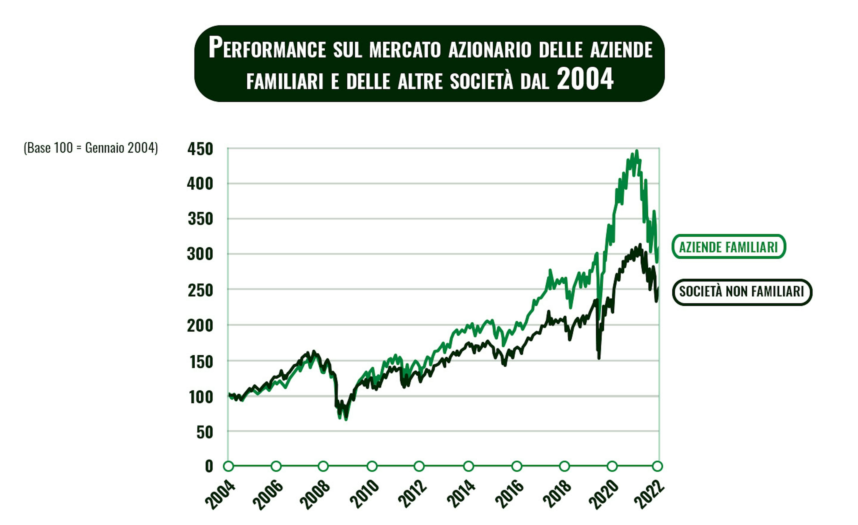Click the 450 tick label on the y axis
pos(200,149)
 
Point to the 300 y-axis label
pos(200,255)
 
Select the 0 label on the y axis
pos(209,466)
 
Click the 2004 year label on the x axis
pos(220,495)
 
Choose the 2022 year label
pos(649,495)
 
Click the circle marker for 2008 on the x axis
pos(324,466)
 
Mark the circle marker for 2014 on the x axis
pos(469,466)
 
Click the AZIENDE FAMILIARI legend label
pos(728,247)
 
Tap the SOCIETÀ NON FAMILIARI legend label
pos(742,292)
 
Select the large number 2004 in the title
pos(585,79)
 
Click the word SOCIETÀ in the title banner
pos(482,81)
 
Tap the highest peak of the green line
pos(637,151)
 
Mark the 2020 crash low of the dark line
pos(599,358)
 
